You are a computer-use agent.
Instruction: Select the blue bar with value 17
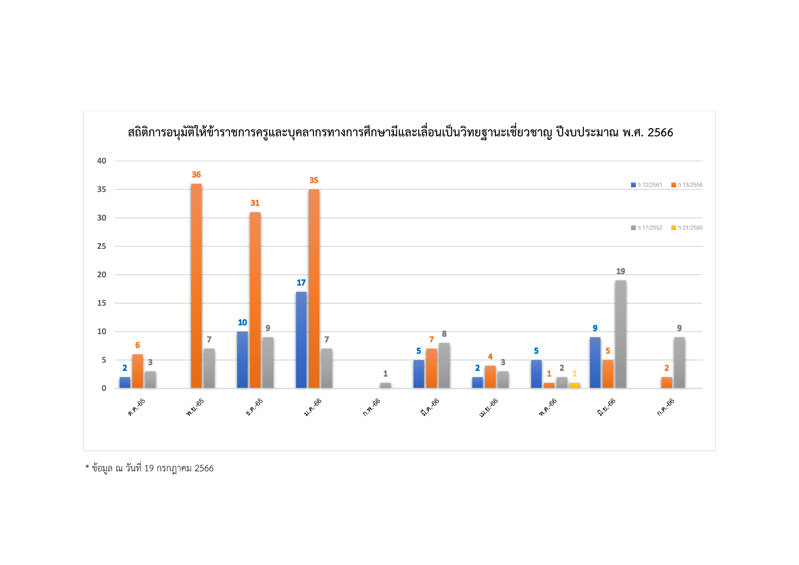point(301,340)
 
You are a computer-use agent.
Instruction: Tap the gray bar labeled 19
point(620,334)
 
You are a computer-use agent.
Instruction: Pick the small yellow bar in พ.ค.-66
point(575,385)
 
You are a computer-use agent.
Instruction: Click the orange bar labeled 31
point(255,300)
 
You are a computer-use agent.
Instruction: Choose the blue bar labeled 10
point(242,360)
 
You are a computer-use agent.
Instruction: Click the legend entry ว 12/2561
point(647,185)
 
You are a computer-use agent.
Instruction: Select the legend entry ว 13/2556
point(687,185)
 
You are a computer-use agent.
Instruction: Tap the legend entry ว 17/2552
point(647,228)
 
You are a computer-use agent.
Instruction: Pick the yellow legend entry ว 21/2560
point(687,228)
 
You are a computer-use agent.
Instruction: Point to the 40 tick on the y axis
point(102,161)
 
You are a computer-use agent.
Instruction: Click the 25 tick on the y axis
point(102,246)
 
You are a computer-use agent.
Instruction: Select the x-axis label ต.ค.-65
point(136,407)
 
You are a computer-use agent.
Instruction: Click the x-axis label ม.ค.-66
point(313,407)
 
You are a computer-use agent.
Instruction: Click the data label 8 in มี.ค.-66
point(444,334)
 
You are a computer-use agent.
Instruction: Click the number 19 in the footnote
point(149,468)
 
